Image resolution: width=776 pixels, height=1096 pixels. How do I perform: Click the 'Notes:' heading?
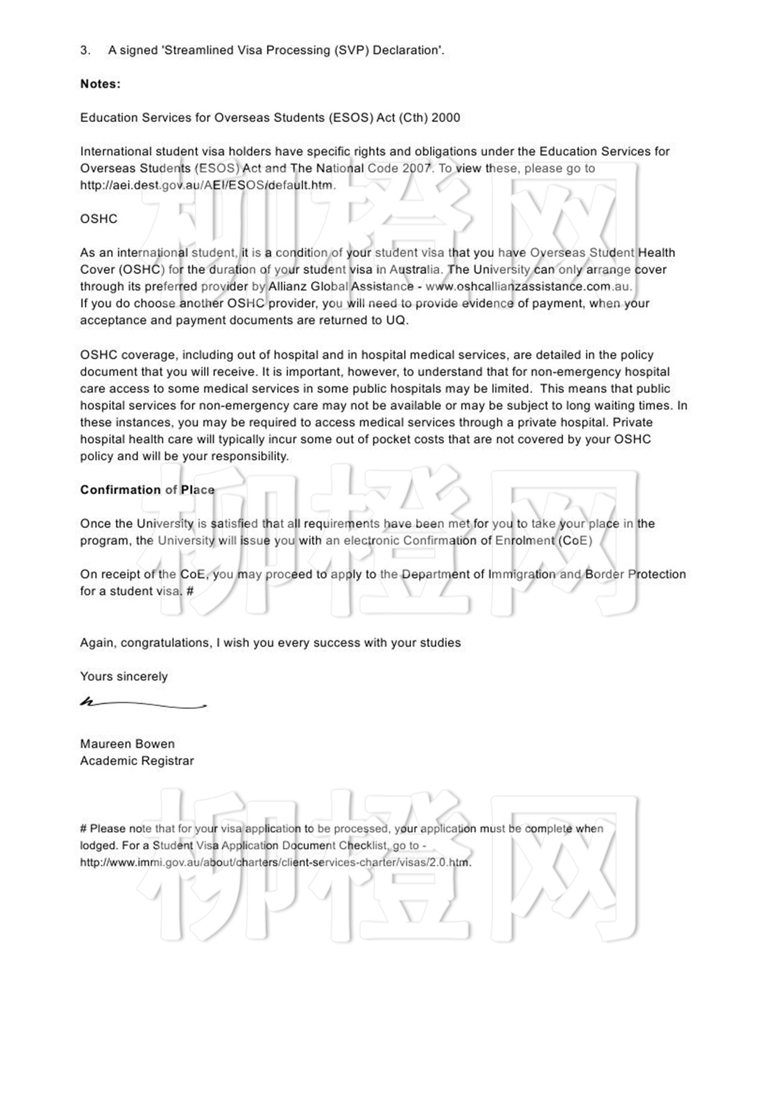pyautogui.click(x=100, y=84)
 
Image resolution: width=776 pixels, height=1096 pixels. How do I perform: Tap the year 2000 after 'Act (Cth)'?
pyautogui.click(x=446, y=117)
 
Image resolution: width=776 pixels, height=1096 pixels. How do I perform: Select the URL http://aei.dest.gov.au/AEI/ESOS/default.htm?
pyautogui.click(x=208, y=185)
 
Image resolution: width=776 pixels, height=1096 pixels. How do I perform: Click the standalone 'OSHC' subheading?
pyautogui.click(x=99, y=219)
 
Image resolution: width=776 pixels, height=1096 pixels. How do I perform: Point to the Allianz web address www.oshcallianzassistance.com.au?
pyautogui.click(x=528, y=286)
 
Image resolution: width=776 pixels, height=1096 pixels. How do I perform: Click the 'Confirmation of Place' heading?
pyautogui.click(x=147, y=490)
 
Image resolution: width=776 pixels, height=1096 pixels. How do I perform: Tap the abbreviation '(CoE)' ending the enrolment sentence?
pyautogui.click(x=575, y=540)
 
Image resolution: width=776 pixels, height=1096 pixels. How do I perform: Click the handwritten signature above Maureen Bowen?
pyautogui.click(x=143, y=704)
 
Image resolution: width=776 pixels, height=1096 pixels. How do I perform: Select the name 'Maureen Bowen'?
pyautogui.click(x=127, y=744)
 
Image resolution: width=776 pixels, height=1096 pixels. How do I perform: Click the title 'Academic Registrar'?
pyautogui.click(x=137, y=761)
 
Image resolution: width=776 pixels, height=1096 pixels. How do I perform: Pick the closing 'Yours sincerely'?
pyautogui.click(x=124, y=677)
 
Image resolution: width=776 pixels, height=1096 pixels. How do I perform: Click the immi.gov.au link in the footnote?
pyautogui.click(x=275, y=863)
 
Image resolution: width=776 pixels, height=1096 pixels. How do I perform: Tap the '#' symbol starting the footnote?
pyautogui.click(x=84, y=829)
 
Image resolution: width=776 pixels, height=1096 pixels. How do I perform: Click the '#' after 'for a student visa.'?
pyautogui.click(x=190, y=591)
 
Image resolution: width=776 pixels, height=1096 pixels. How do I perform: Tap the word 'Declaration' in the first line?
pyautogui.click(x=408, y=50)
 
